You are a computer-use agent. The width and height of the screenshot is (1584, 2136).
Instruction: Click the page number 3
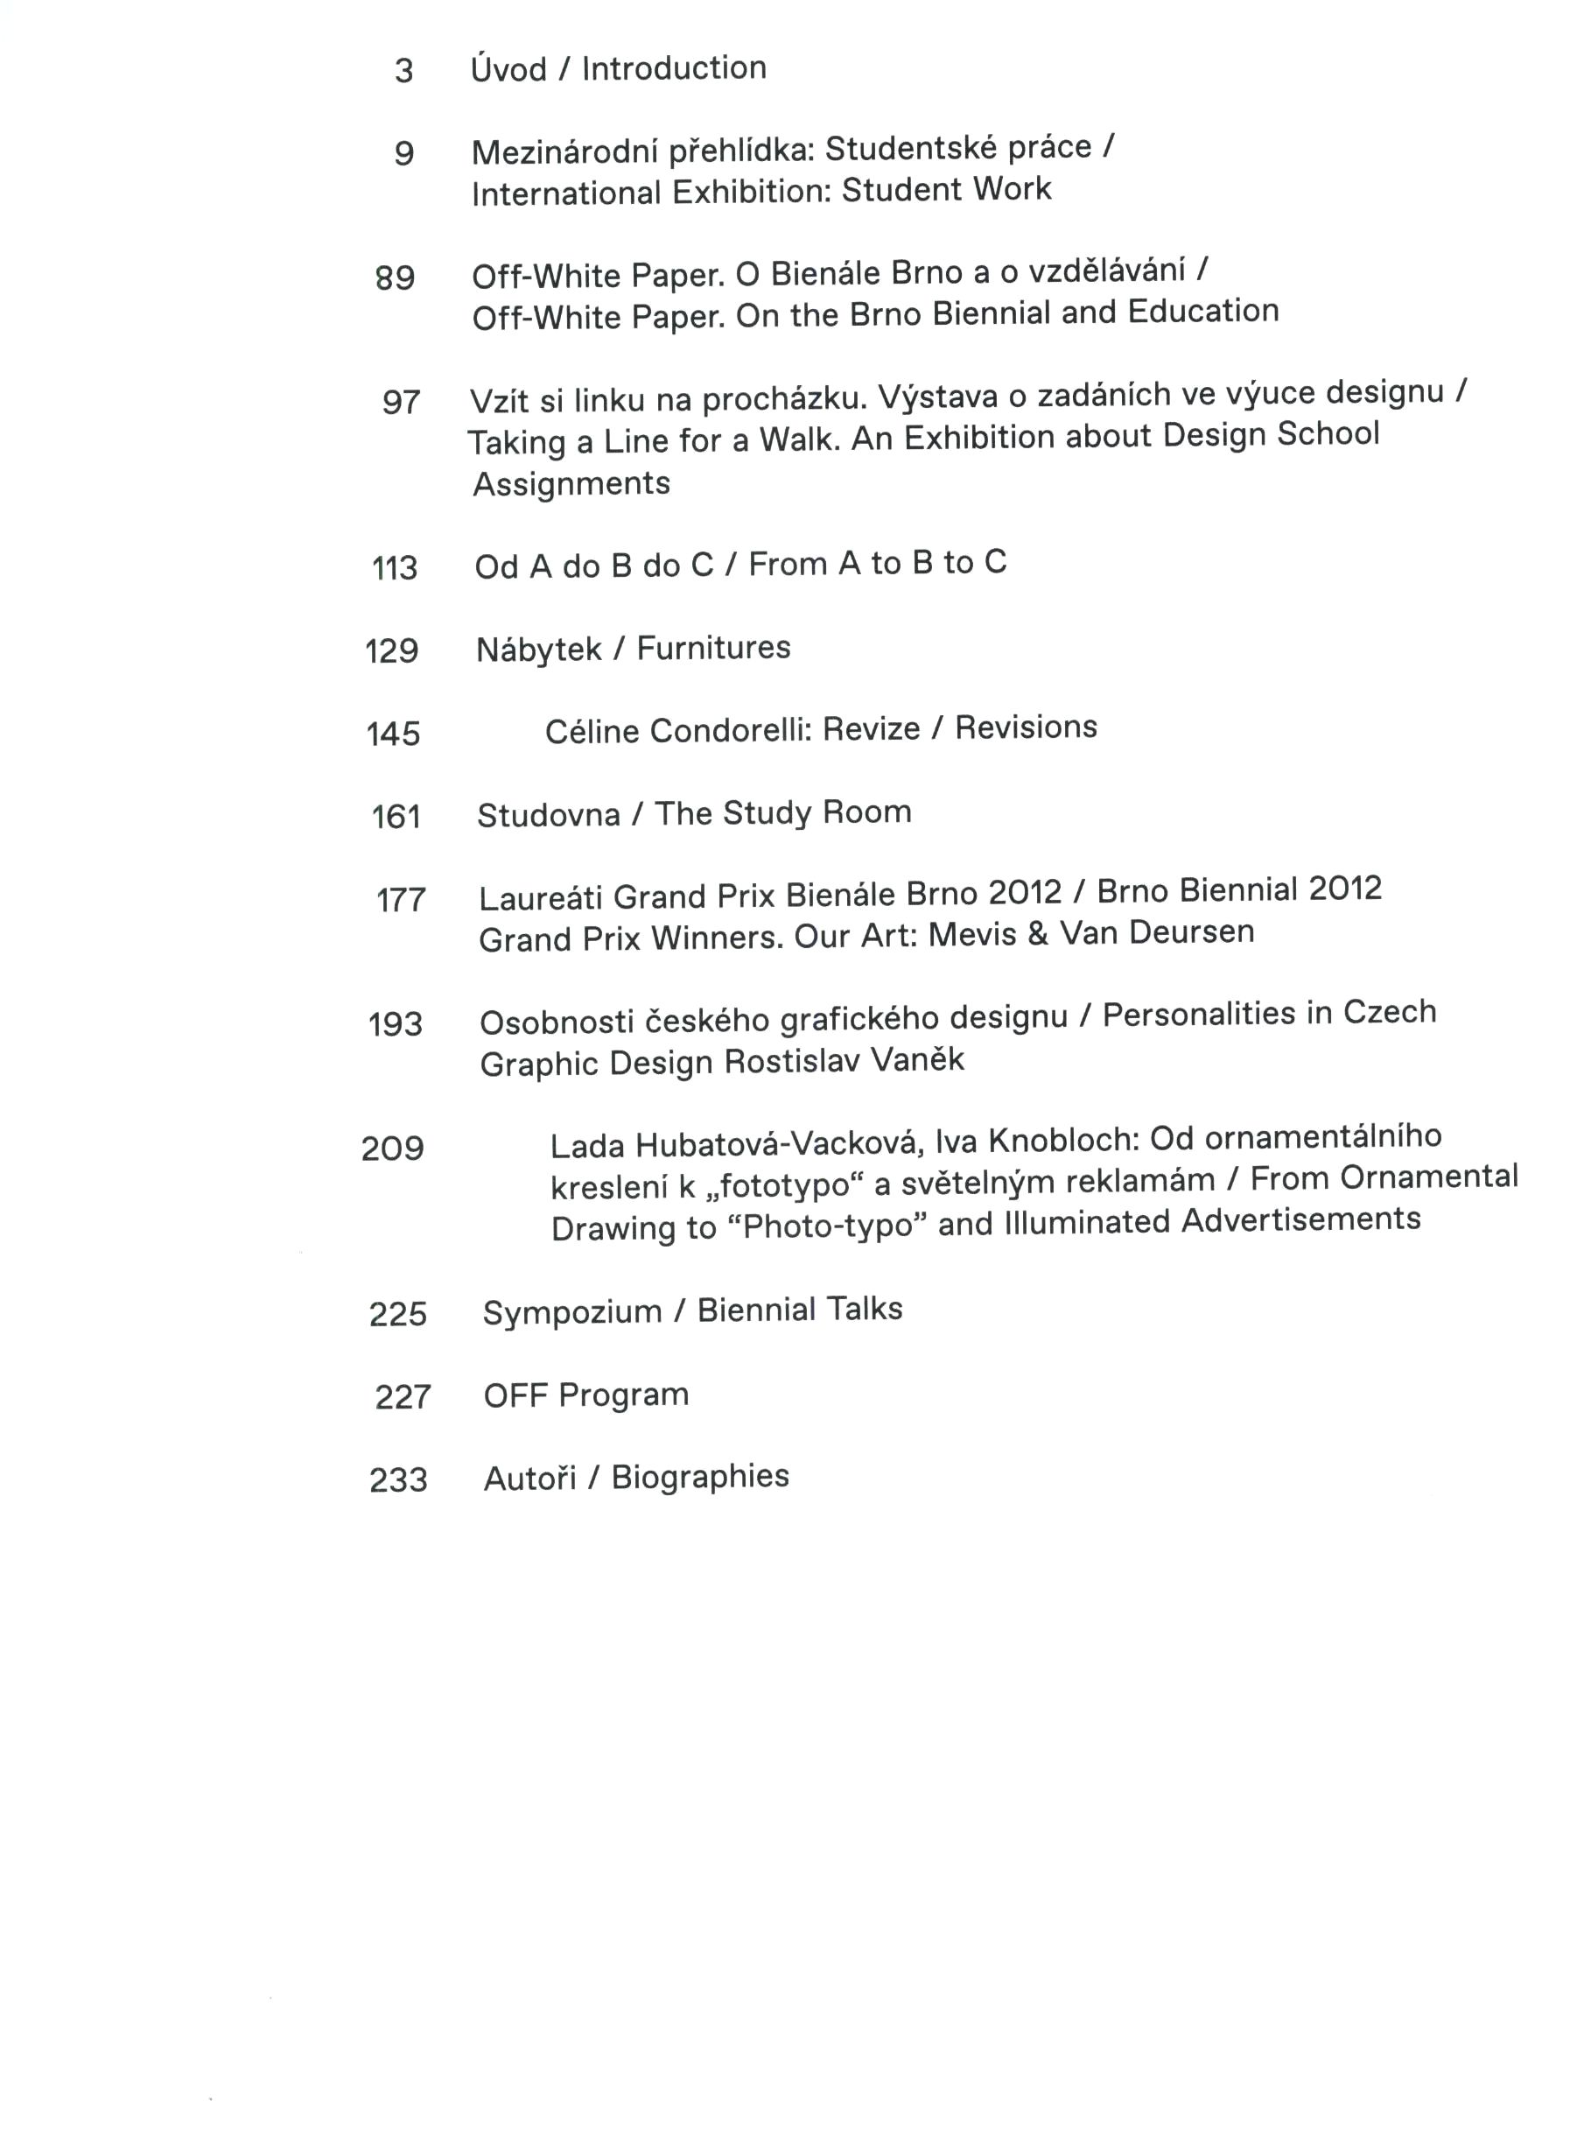403,71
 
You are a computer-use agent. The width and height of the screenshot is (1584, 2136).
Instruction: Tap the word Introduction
673,68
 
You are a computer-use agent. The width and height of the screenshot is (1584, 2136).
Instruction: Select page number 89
394,278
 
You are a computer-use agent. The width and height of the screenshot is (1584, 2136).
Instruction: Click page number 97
401,402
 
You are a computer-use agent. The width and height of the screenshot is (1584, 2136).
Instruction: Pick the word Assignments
571,483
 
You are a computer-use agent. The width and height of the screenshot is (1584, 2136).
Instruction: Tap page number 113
394,568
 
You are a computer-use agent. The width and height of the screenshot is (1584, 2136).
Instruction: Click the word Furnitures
713,649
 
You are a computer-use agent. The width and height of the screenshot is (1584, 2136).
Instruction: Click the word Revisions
1026,727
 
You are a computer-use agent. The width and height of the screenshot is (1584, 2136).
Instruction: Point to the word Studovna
549,815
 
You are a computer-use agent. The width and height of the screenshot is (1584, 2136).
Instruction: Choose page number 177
401,900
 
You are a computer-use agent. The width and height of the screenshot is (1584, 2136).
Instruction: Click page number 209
392,1148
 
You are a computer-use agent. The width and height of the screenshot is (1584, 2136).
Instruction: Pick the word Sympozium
571,1312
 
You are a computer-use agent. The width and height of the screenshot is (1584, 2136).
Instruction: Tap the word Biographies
700,1477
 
